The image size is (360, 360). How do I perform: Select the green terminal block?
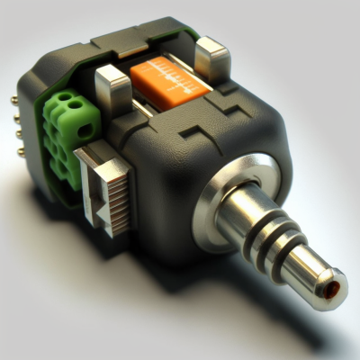[68, 130]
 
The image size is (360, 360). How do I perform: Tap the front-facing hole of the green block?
[85, 130]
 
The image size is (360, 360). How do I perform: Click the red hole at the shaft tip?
[334, 287]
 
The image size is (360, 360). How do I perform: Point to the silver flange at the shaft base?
[229, 189]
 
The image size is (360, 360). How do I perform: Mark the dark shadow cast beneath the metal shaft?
[270, 310]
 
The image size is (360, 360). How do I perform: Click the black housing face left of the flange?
[175, 193]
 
